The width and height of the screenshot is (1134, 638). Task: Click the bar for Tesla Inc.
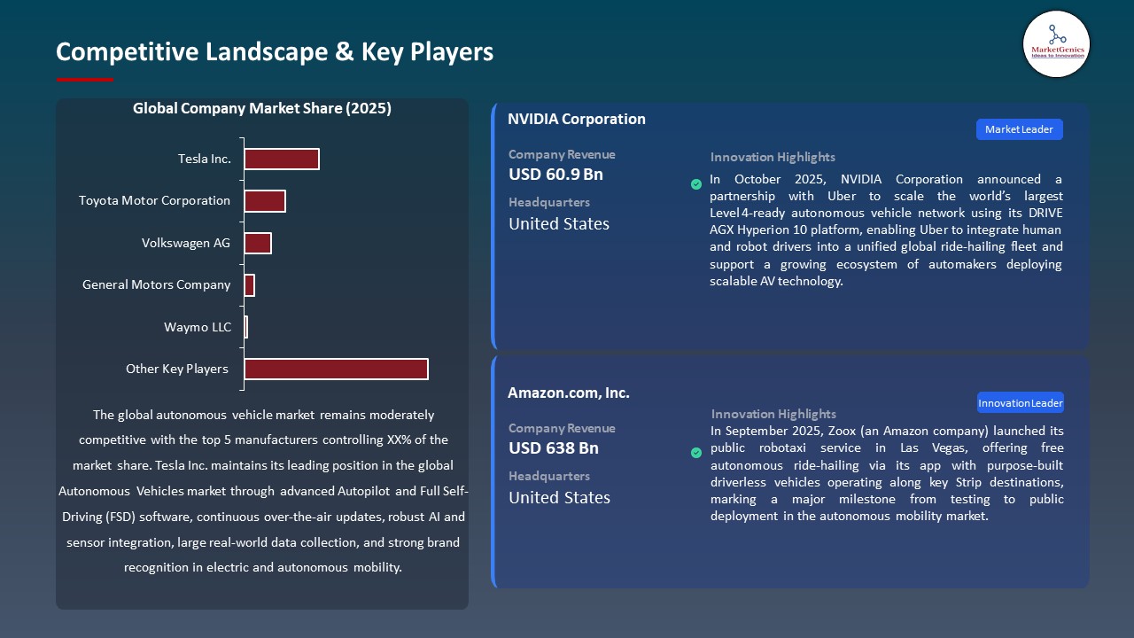click(281, 159)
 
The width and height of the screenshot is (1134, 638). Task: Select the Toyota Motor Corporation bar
click(264, 201)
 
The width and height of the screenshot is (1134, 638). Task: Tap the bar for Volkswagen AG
click(257, 243)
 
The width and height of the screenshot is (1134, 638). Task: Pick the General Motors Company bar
click(249, 285)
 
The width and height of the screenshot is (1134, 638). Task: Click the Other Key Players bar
click(336, 370)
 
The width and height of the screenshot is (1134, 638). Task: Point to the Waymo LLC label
click(198, 328)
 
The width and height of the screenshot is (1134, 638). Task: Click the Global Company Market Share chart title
click(262, 109)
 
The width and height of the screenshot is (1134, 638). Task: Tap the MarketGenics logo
click(1056, 43)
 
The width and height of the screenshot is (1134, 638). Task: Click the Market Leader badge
click(1019, 129)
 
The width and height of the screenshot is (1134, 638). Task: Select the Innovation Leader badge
click(1020, 403)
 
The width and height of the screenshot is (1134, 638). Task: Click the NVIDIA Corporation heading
click(576, 120)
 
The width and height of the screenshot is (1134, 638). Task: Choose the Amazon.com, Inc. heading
click(568, 393)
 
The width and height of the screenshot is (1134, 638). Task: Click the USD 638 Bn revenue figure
click(553, 448)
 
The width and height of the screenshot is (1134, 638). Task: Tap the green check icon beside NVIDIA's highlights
click(696, 184)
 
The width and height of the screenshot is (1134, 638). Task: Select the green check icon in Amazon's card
click(696, 453)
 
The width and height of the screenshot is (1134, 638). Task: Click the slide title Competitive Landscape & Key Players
click(275, 52)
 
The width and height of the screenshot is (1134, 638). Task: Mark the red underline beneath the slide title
click(84, 80)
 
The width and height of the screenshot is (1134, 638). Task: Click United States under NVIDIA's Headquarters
click(558, 224)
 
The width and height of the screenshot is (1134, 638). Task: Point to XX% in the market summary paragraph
click(400, 440)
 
